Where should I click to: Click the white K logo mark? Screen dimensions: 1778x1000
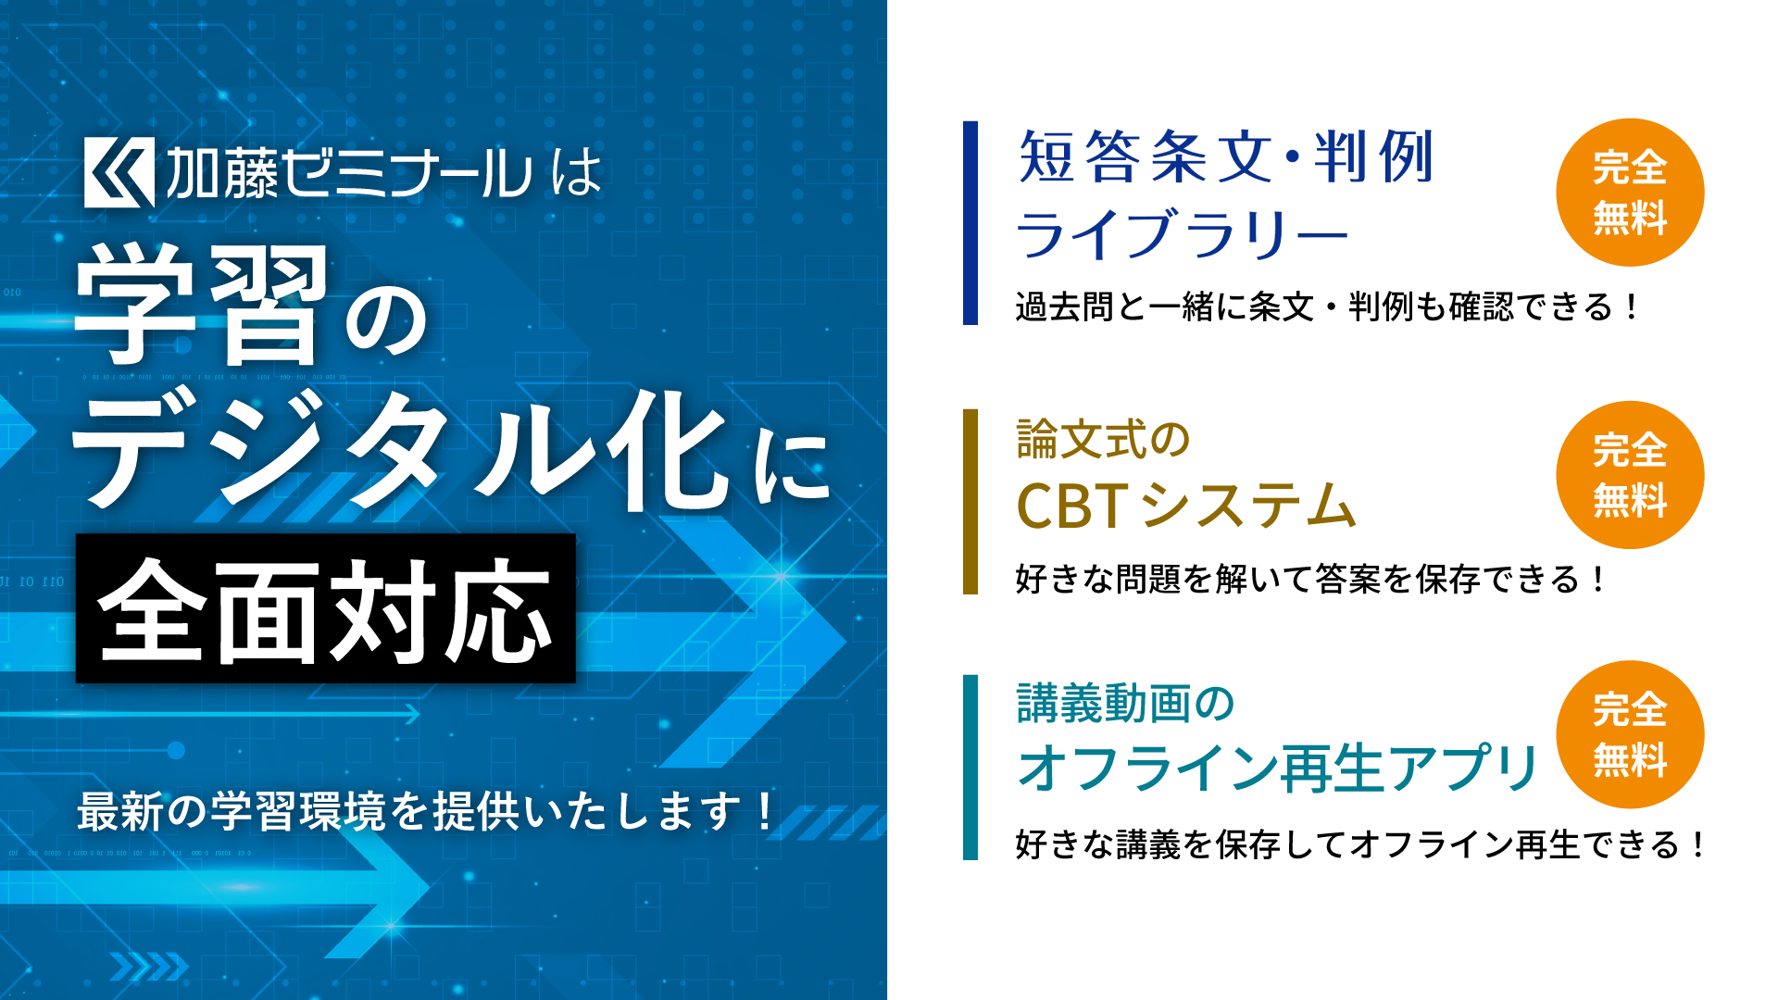(x=119, y=173)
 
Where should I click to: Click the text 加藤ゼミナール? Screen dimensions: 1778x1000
(x=349, y=173)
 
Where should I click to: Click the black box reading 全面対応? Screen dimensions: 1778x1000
(x=326, y=608)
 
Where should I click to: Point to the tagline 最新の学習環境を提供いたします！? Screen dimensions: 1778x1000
(x=426, y=811)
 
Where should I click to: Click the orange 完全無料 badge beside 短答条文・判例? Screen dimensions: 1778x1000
(x=1630, y=193)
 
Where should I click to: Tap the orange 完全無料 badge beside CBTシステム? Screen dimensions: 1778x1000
(x=1630, y=475)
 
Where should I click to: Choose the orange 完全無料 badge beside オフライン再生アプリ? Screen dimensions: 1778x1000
(x=1630, y=734)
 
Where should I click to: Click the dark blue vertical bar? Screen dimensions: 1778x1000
(x=970, y=222)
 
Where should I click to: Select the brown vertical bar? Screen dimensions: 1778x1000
(x=970, y=501)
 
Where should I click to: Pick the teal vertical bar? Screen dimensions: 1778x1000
(x=970, y=767)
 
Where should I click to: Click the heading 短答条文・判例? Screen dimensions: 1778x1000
(x=1226, y=156)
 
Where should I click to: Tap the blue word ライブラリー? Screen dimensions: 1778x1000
(x=1183, y=233)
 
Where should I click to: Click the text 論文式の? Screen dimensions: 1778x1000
(x=1103, y=440)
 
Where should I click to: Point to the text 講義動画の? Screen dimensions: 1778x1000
(x=1125, y=704)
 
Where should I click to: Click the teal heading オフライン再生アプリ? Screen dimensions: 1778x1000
(x=1277, y=768)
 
